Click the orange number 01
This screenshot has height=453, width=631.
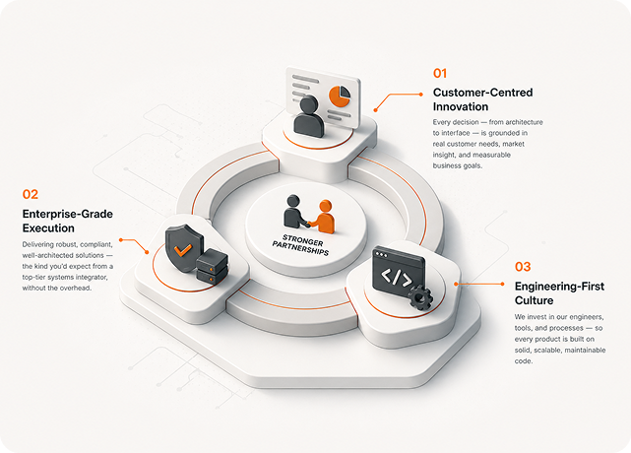[x=440, y=73]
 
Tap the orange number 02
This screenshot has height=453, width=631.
[x=31, y=194]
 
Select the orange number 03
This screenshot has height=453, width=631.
[x=523, y=267]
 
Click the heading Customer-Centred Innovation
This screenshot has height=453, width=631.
[x=483, y=99]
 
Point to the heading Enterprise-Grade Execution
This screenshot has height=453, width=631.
[x=68, y=221]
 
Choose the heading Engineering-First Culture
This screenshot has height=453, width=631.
[x=559, y=293]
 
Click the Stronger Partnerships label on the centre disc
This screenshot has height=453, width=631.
[x=300, y=245]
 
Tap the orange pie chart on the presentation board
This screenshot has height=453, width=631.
[x=340, y=96]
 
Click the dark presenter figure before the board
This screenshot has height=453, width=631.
[x=308, y=116]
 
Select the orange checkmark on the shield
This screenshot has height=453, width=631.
[x=183, y=250]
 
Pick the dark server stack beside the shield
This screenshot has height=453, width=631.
[x=212, y=266]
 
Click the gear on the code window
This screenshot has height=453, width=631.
[x=420, y=297]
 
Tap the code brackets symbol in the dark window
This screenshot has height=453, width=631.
[x=397, y=277]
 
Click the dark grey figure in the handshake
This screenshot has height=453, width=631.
[x=295, y=212]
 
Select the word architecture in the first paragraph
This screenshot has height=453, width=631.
[x=524, y=122]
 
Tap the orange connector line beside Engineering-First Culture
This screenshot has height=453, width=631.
[x=478, y=284]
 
